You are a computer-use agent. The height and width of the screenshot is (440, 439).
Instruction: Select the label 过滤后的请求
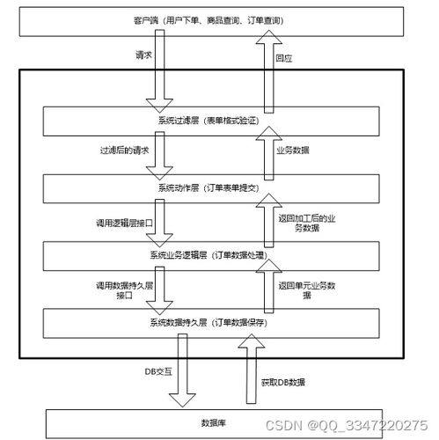124,150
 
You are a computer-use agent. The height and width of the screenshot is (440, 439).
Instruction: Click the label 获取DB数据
283,383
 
